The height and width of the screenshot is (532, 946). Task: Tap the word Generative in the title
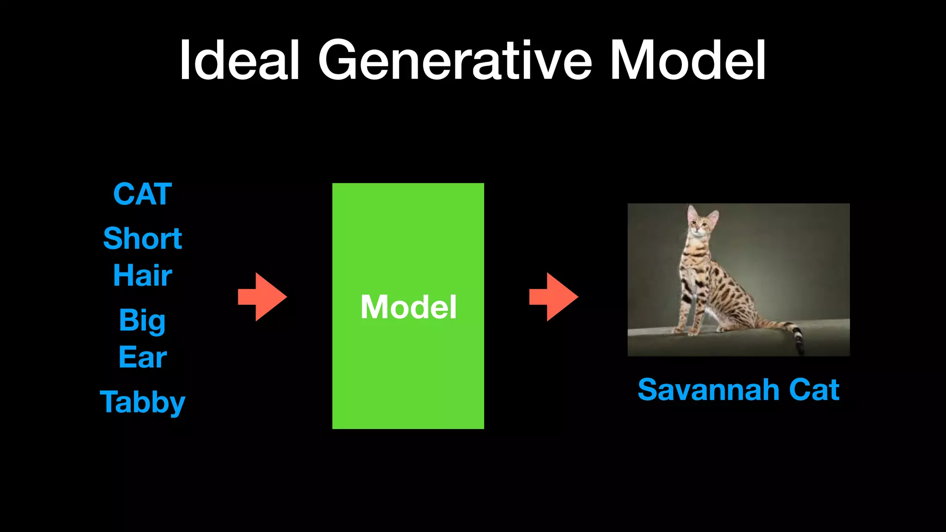point(455,60)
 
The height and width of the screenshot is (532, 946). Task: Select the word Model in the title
point(688,60)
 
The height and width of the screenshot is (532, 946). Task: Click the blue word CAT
point(142,194)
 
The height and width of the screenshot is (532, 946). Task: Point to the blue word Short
point(142,238)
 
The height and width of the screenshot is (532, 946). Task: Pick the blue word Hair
point(142,275)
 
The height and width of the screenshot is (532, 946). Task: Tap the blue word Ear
point(142,357)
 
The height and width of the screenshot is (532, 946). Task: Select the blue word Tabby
point(142,402)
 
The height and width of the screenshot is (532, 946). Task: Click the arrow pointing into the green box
point(262,297)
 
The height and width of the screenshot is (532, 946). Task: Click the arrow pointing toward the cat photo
point(553,297)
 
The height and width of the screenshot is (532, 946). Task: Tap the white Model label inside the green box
point(408,307)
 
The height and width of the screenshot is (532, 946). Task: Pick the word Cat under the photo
point(814,390)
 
